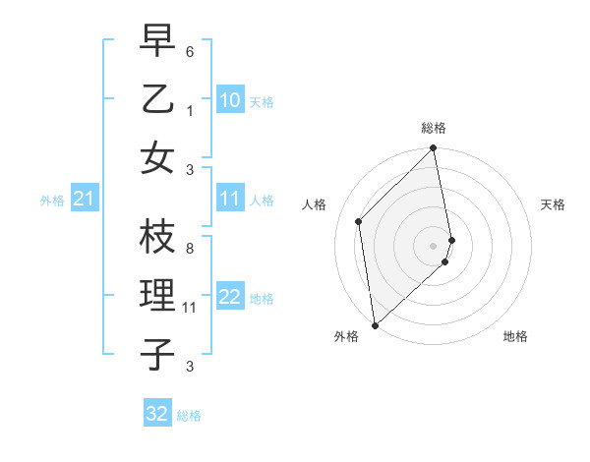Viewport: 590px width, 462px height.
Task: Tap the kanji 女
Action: tap(158, 157)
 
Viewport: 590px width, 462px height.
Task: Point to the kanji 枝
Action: tap(158, 235)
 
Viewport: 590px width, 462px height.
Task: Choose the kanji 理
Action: tap(158, 295)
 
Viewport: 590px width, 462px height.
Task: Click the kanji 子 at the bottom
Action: tap(158, 354)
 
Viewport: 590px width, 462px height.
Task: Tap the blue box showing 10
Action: tap(230, 100)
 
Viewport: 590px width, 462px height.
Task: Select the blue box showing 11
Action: tap(230, 200)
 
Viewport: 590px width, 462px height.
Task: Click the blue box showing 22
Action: tap(230, 298)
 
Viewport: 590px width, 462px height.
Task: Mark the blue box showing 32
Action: tap(157, 414)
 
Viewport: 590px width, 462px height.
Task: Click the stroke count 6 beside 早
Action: tap(190, 50)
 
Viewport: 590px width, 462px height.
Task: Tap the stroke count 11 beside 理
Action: tap(190, 307)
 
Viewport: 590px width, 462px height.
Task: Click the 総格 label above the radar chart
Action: tap(434, 128)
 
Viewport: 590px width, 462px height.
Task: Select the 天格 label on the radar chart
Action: tap(553, 204)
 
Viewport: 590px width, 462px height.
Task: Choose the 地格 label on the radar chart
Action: tap(515, 337)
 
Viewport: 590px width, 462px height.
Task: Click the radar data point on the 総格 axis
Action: tap(433, 149)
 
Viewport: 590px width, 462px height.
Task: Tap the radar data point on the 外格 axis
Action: tap(375, 324)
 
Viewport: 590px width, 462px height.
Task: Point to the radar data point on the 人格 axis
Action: tap(359, 221)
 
